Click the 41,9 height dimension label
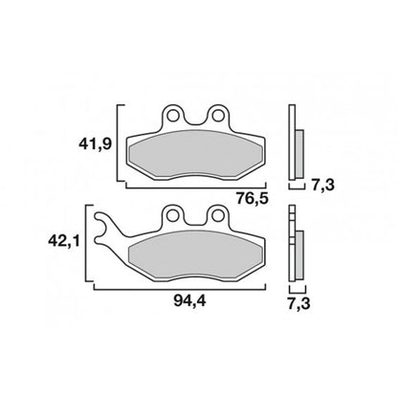pos(95,145)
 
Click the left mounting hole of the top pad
pos(173,115)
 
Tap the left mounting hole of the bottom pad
pos(173,216)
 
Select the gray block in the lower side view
pos(299,251)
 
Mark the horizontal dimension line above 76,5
pos(191,181)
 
